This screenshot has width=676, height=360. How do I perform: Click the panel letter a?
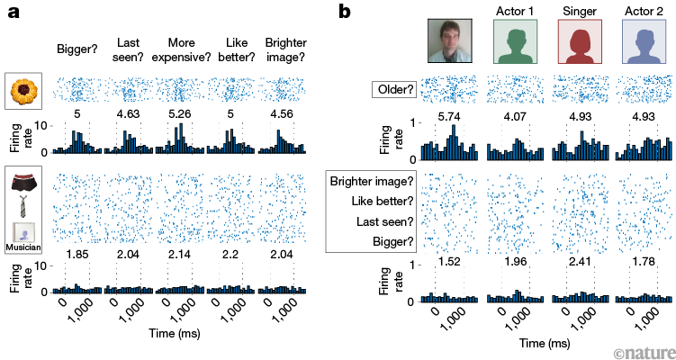click(14, 14)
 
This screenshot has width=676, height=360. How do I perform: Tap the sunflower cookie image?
click(23, 90)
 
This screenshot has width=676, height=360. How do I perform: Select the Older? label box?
click(395, 91)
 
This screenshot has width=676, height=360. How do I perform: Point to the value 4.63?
click(129, 114)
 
